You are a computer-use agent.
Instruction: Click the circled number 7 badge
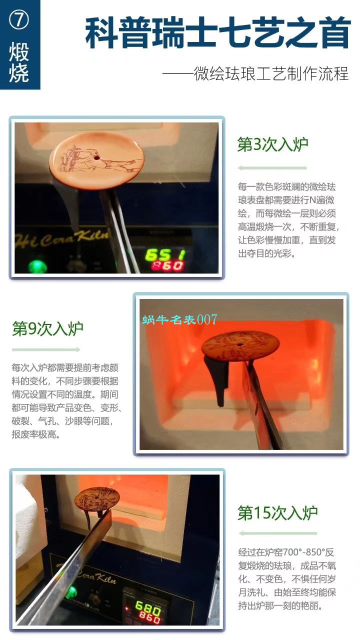point(19,20)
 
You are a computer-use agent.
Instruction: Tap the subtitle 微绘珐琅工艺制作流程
point(255,74)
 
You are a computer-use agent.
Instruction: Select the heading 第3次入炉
point(272,145)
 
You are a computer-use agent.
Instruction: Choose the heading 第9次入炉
point(47,328)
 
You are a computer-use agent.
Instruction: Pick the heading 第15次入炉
point(277,512)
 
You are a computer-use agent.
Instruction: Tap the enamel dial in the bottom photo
point(98,500)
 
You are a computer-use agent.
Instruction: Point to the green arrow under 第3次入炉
point(272,168)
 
